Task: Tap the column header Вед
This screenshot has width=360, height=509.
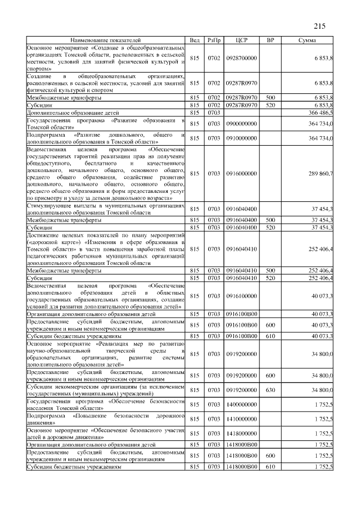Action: [195, 40]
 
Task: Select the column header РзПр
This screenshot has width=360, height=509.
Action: [214, 40]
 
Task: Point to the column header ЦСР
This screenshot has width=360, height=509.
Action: [241, 40]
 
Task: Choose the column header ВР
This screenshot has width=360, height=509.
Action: [271, 40]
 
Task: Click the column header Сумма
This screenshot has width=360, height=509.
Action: [307, 40]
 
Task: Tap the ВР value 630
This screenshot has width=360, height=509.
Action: [271, 389]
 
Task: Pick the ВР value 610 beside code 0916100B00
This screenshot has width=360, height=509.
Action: [271, 335]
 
